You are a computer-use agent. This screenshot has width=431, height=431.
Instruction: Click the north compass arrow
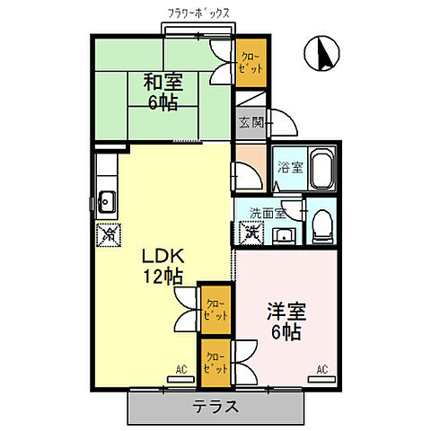(321, 54)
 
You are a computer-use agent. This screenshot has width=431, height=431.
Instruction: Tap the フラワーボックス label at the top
(197, 14)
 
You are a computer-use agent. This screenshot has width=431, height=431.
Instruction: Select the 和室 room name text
(163, 82)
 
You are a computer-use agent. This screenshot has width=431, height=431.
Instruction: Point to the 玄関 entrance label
(251, 123)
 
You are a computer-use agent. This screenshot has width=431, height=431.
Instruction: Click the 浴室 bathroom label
(288, 166)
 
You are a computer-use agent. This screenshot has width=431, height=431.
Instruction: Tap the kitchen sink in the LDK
(106, 199)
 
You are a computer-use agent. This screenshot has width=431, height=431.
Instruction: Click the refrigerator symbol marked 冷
(108, 235)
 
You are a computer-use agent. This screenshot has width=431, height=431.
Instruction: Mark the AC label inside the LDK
(181, 369)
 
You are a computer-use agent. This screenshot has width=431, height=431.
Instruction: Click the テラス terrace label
(215, 407)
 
